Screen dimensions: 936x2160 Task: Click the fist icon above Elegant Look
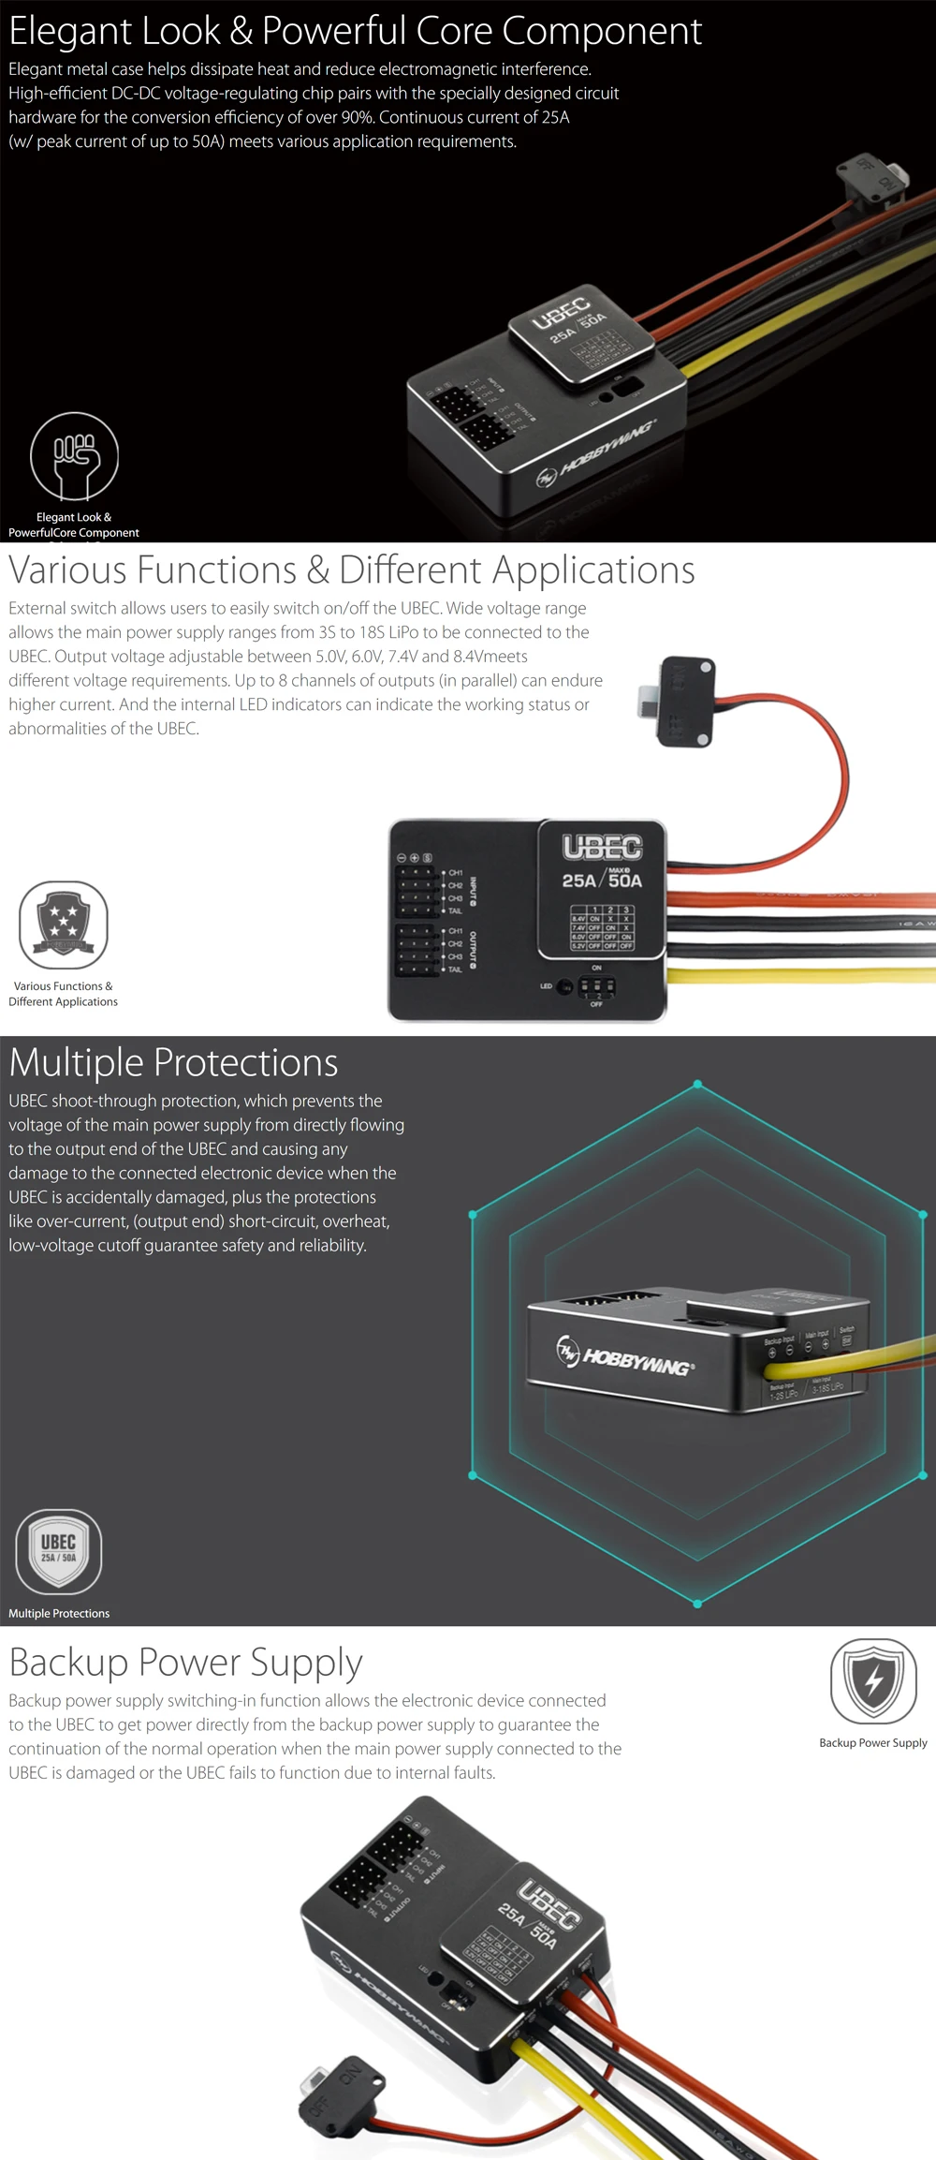75,456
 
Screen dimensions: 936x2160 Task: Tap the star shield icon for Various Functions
64,925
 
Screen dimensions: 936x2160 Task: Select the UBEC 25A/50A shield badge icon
59,1551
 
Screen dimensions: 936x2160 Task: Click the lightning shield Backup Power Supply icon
873,1680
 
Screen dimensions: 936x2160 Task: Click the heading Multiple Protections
173,1062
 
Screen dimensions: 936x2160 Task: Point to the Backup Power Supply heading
185,1662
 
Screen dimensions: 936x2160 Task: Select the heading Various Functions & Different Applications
352,570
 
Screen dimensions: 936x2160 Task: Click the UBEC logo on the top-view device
602,847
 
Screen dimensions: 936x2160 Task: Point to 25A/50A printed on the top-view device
602,880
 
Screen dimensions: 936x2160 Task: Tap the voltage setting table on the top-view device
602,927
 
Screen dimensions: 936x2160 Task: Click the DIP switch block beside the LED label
596,986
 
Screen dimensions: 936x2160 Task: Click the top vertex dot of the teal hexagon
697,1085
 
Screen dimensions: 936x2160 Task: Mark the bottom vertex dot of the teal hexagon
697,1604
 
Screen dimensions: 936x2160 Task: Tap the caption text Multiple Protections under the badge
59,1613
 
